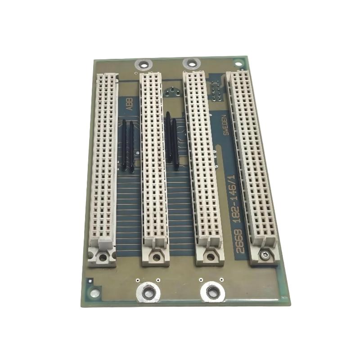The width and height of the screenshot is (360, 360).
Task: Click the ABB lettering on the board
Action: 130,104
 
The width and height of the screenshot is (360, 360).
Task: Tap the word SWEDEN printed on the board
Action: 226,125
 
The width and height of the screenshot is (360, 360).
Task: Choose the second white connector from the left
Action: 153,170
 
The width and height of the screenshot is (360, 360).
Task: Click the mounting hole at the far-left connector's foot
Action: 103,257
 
